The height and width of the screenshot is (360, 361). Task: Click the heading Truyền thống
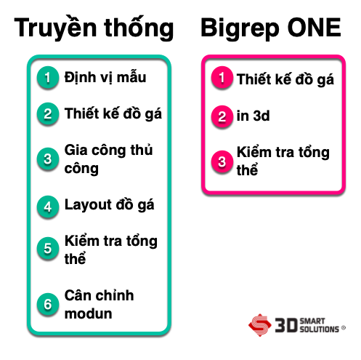point(94,28)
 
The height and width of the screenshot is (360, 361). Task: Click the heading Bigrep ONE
point(271,28)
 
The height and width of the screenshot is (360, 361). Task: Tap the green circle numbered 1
point(48,77)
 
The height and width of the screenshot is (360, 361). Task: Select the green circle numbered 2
point(48,113)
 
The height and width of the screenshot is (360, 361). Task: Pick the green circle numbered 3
point(48,159)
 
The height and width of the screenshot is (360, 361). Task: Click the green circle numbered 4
point(48,207)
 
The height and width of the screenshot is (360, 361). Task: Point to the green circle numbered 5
point(48,248)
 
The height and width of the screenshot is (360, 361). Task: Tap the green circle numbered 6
point(48,304)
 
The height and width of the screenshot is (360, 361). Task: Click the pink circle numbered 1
point(222,77)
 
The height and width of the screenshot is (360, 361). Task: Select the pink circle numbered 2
point(222,116)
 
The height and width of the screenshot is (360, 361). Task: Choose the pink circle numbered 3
point(222,161)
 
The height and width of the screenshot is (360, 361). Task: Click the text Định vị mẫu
point(105,78)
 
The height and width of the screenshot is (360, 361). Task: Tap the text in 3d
point(253,116)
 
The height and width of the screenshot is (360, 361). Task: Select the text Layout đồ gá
point(110,205)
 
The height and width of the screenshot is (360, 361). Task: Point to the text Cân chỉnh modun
point(99,305)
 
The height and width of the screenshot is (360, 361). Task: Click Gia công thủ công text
point(108,159)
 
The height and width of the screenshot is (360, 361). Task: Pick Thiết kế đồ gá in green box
point(113,113)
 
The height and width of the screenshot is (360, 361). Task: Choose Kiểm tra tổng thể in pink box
point(283,161)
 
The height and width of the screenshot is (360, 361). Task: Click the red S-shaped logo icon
point(260,325)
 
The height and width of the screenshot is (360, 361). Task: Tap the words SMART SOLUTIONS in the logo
point(319,325)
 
